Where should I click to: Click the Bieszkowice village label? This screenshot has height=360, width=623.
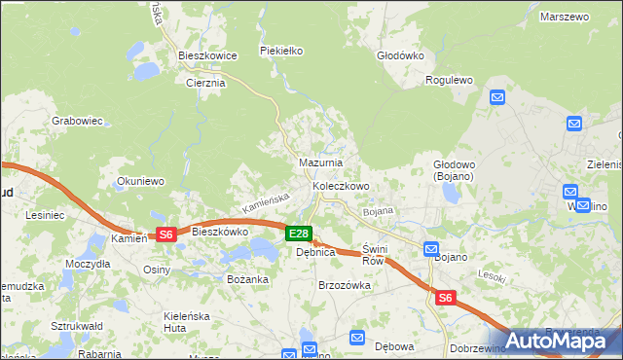click(207, 56)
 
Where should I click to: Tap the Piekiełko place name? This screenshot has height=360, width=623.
click(281, 50)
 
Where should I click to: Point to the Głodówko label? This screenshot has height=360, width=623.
click(400, 55)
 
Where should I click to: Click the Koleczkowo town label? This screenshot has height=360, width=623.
click(340, 185)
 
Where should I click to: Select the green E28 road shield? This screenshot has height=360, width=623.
click(299, 234)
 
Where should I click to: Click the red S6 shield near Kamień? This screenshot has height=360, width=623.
click(166, 234)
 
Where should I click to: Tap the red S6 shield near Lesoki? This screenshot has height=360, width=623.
click(446, 299)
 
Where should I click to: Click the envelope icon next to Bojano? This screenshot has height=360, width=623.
click(431, 250)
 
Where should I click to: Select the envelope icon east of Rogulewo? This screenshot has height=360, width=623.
click(496, 97)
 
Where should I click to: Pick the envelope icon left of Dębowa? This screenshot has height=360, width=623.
click(356, 338)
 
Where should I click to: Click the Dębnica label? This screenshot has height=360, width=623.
click(315, 252)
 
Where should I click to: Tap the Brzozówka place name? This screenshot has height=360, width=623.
click(345, 285)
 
